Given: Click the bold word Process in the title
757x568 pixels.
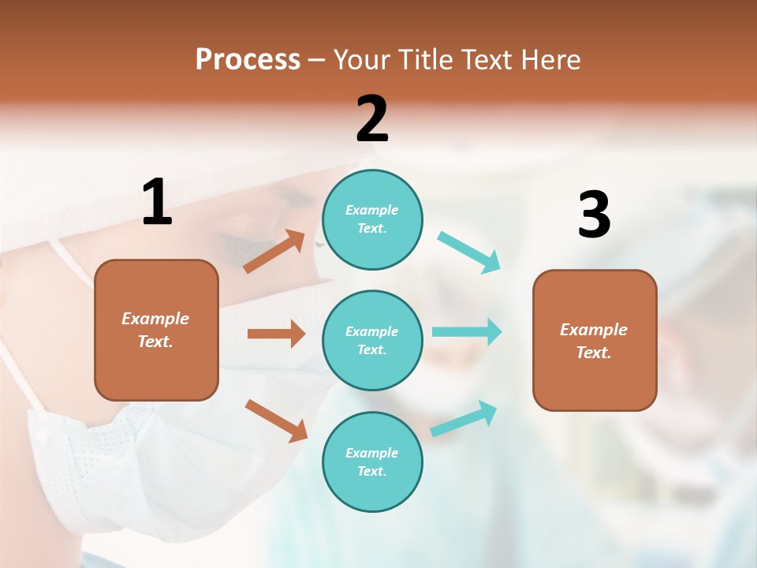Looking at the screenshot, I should tap(248, 60).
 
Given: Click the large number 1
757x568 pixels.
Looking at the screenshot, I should tap(157, 203).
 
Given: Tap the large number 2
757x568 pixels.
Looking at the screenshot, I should tap(372, 120).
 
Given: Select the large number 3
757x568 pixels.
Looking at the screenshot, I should tap(594, 215).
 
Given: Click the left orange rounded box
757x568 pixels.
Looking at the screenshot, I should tap(156, 330).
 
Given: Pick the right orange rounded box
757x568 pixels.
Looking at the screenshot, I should tap(595, 340).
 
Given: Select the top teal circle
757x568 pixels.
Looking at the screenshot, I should tap(372, 219).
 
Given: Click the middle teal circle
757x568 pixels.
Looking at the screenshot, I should tap(372, 340).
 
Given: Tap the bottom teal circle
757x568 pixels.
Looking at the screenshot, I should tap(372, 461).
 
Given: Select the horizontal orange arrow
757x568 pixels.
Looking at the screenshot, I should tap(276, 334).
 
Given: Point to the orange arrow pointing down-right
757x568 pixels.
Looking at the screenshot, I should tap(276, 420).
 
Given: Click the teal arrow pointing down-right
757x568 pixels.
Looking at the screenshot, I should tap(469, 252).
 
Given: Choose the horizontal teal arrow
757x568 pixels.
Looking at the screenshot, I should tap(467, 331).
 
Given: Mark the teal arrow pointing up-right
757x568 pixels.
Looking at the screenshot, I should tap(464, 419).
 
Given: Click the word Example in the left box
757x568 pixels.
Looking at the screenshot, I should tap(155, 319).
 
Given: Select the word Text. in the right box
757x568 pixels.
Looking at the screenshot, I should tap(594, 353).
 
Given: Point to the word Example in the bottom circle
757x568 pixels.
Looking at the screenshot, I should tap(372, 453).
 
